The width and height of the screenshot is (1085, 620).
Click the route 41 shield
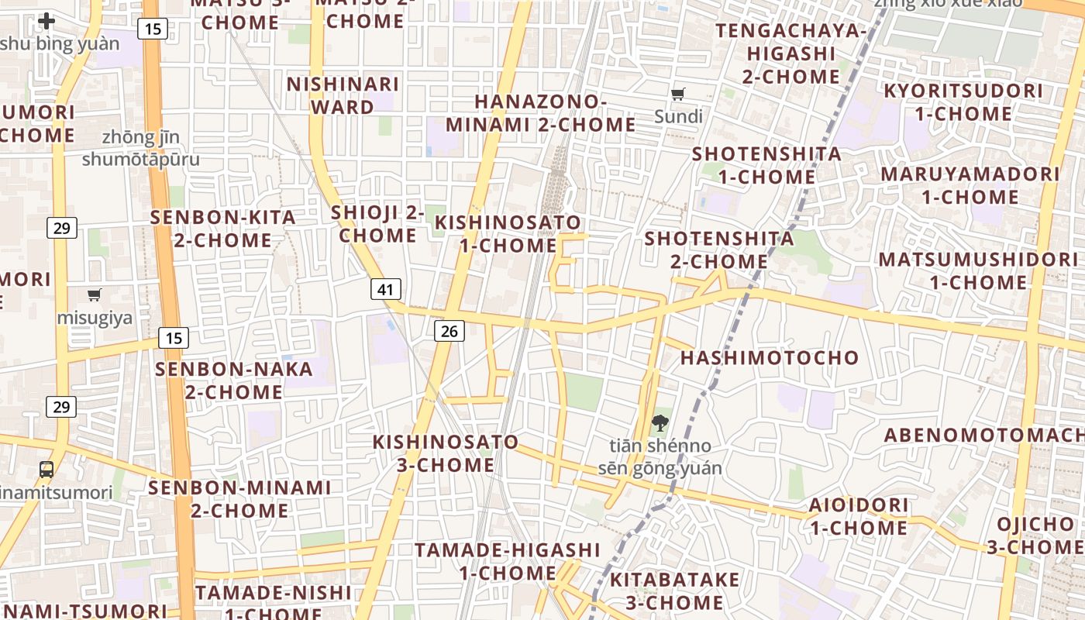click(x=386, y=290)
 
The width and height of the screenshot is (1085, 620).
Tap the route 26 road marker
click(x=448, y=332)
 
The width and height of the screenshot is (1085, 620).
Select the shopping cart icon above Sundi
click(x=678, y=95)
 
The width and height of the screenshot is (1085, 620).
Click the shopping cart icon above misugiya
click(x=95, y=294)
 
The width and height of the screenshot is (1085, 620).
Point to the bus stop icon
click(x=46, y=469)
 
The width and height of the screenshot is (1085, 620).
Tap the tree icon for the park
click(x=660, y=423)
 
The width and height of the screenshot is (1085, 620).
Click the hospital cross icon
click(x=46, y=21)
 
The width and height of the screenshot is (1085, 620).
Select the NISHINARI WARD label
click(x=343, y=95)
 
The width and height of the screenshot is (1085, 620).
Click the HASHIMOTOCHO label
click(x=770, y=357)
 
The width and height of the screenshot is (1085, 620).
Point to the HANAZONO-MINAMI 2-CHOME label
click(x=540, y=113)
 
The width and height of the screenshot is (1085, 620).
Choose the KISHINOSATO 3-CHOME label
click(x=446, y=453)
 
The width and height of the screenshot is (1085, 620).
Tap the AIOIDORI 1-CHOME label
click(x=859, y=516)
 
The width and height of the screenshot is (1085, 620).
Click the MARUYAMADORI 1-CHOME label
click(x=970, y=185)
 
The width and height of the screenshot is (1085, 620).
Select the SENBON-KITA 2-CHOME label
click(x=223, y=229)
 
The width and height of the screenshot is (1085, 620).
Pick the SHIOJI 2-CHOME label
click(x=378, y=223)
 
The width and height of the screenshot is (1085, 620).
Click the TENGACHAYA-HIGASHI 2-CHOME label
click(x=791, y=53)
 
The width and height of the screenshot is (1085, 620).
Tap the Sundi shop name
click(x=678, y=117)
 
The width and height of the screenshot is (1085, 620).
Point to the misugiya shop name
click(x=95, y=318)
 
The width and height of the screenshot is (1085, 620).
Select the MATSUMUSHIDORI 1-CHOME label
click(x=978, y=270)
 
